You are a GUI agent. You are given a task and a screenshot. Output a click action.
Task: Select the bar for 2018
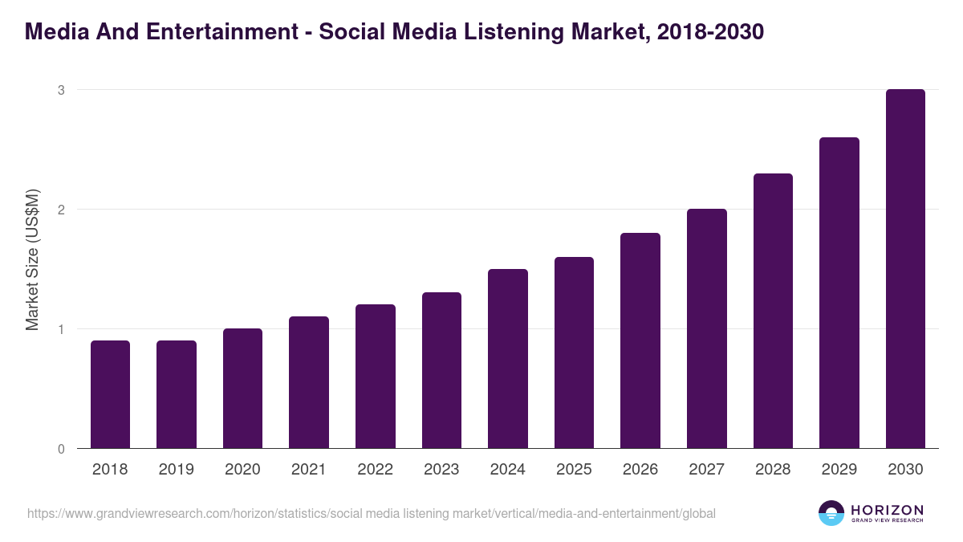tap(110, 394)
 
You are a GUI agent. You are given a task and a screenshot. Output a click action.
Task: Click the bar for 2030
tap(905, 269)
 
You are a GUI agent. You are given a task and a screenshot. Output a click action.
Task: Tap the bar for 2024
tap(508, 359)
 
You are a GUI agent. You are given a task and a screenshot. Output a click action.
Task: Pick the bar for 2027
tap(707, 328)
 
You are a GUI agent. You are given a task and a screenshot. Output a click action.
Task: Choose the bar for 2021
tap(309, 382)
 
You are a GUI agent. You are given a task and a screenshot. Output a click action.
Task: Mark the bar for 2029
tap(839, 293)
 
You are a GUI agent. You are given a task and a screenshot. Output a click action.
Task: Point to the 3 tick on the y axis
tap(61, 90)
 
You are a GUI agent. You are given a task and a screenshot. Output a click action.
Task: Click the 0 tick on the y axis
tap(61, 449)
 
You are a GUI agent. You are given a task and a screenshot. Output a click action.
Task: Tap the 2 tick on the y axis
tap(61, 210)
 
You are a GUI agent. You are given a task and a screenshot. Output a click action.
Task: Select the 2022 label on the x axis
tap(375, 470)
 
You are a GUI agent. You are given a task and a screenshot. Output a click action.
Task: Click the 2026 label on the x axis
tap(640, 470)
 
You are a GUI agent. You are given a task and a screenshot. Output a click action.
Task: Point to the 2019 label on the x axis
tap(176, 470)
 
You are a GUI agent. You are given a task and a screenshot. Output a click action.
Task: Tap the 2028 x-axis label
tap(773, 470)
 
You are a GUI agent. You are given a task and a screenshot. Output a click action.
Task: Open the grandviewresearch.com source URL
tap(372, 513)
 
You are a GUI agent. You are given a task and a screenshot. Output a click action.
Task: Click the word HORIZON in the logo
tap(887, 510)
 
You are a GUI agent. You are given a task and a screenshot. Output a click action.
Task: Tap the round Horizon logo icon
tap(831, 513)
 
